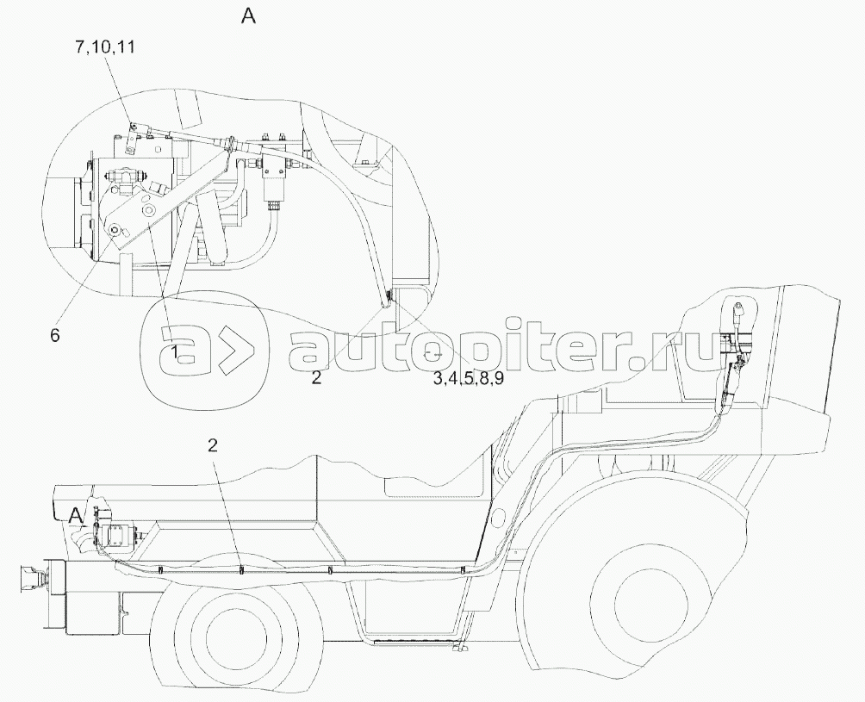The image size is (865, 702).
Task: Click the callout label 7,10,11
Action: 105,47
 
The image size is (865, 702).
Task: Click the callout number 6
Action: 54,335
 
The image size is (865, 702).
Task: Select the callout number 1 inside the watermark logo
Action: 174,352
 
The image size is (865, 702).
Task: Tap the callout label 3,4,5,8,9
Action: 468,379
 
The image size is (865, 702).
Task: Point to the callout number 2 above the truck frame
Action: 213,445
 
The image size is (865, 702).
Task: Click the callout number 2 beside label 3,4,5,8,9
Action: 315,378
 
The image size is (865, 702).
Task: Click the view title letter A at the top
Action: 248,16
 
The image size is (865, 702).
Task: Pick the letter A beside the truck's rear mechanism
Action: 76,516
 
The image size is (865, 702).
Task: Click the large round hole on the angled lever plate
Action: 148,211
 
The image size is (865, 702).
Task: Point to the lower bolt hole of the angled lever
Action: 115,229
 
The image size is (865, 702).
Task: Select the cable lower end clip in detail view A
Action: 389,300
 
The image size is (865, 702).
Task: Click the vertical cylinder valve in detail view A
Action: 271,181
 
